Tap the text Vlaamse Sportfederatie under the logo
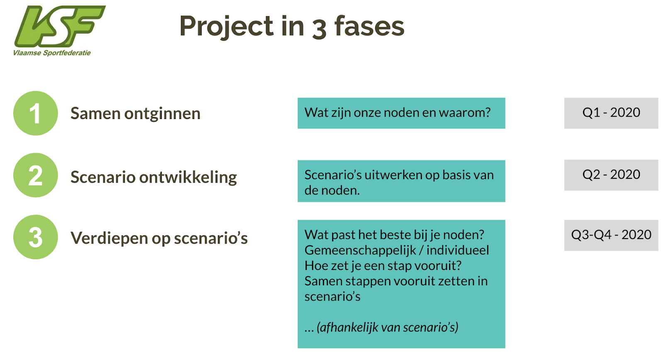[52, 53]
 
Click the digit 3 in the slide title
[319, 29]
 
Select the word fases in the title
[369, 26]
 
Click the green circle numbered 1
[36, 113]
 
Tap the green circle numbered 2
[36, 175]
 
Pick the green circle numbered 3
[36, 237]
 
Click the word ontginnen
[162, 114]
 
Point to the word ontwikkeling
[188, 178]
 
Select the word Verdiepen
[109, 238]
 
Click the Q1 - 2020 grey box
[611, 113]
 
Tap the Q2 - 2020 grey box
[611, 175]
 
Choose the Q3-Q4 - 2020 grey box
[611, 235]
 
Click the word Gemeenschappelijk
[361, 251]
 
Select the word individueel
[458, 250]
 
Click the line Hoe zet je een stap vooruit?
[383, 265]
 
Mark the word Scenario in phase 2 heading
[103, 177]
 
